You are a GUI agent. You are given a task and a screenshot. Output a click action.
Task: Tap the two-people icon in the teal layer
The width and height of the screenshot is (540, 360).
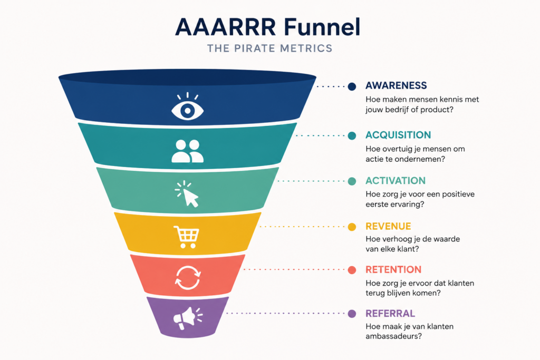(x=187, y=151)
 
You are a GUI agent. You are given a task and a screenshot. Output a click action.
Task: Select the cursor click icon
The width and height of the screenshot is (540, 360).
(x=187, y=194)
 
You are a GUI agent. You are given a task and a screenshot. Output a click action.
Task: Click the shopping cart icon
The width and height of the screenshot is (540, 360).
(x=186, y=237)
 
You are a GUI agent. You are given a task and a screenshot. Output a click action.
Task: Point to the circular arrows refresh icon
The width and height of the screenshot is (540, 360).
(x=188, y=277)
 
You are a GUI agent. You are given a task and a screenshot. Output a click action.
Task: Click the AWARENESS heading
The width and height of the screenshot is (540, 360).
(x=396, y=85)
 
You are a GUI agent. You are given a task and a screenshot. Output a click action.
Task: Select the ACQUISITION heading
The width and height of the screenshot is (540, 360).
(x=398, y=135)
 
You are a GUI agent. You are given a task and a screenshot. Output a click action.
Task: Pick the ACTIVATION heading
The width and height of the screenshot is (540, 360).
(x=396, y=181)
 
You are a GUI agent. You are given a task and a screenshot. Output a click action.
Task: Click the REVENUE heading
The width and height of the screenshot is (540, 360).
(x=388, y=226)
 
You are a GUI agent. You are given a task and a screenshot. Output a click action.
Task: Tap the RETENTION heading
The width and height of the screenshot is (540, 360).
(x=393, y=269)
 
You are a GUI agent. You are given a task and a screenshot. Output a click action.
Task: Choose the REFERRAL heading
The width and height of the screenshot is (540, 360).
(x=390, y=314)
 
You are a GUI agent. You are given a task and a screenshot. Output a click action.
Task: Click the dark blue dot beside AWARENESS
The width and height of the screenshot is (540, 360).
(x=352, y=86)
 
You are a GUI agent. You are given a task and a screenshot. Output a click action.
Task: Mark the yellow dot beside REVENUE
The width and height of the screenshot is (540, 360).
(x=352, y=227)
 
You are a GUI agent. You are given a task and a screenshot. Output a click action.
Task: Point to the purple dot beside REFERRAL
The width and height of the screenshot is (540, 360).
(x=352, y=314)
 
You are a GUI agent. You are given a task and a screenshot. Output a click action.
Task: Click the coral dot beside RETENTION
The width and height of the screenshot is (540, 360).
(x=352, y=270)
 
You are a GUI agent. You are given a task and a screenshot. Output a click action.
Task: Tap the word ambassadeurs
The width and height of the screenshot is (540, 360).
(x=393, y=336)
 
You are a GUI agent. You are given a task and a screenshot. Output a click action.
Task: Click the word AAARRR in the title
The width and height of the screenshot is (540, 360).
(x=226, y=27)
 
